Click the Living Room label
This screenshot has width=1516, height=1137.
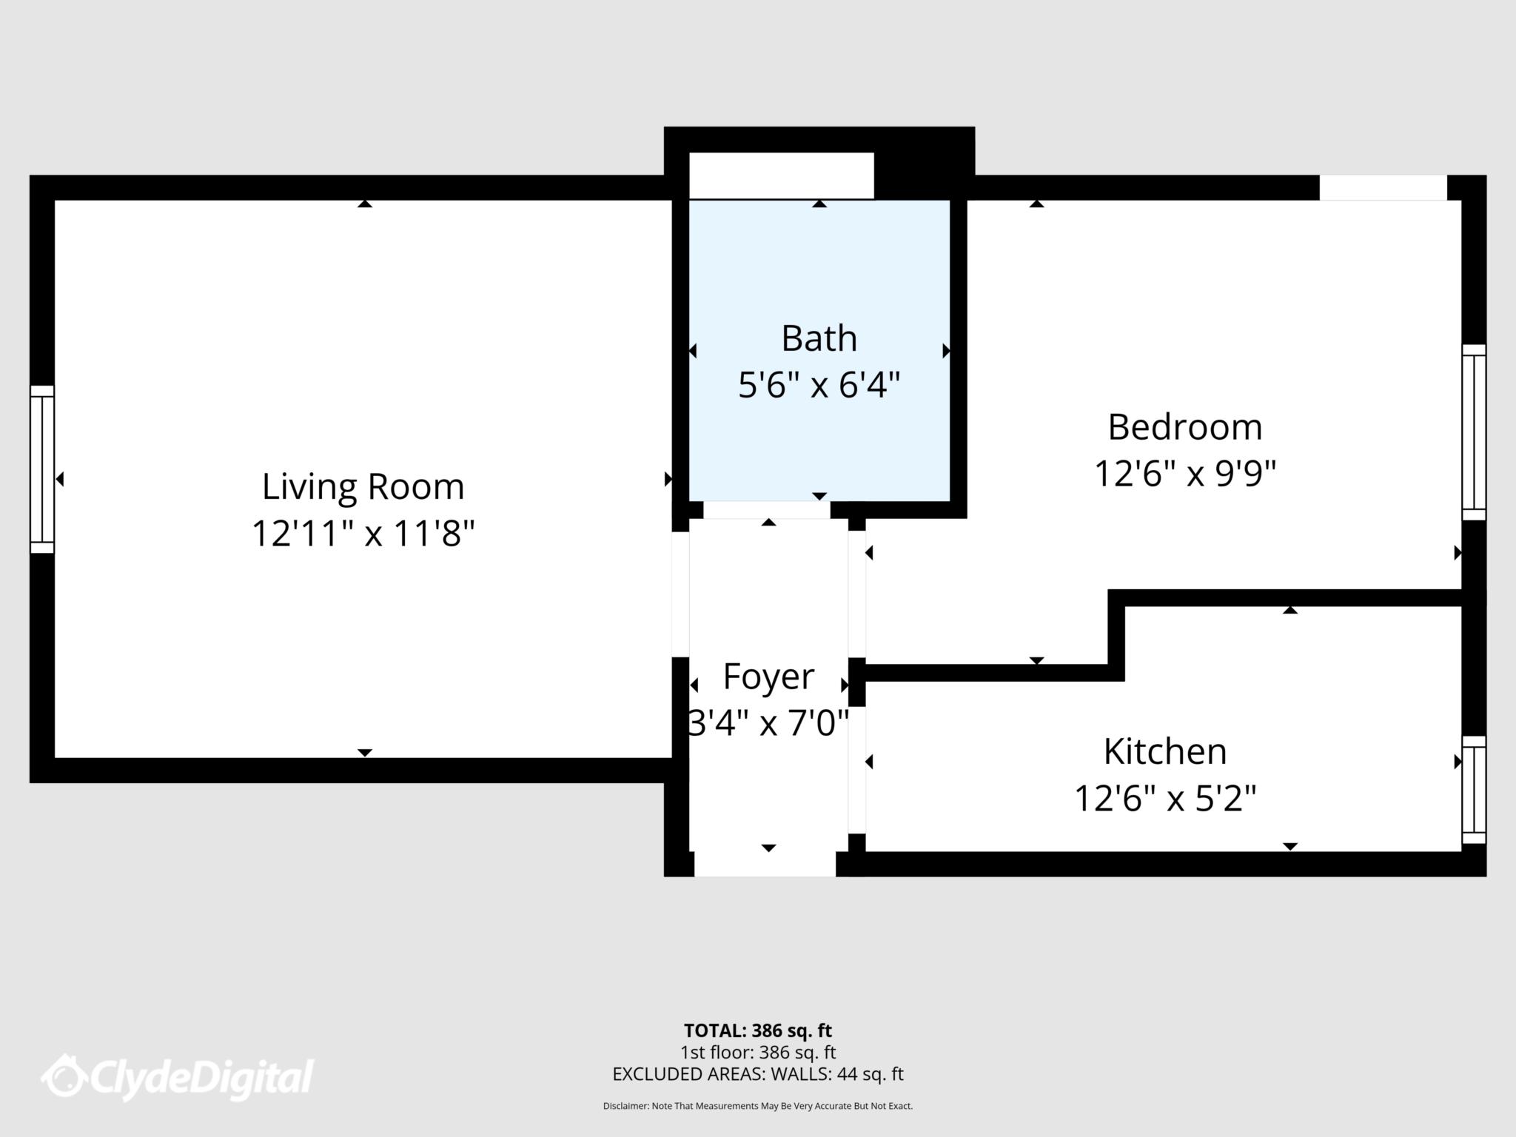tap(363, 486)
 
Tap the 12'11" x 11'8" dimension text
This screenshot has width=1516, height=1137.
tap(363, 533)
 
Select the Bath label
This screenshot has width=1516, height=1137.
tap(819, 338)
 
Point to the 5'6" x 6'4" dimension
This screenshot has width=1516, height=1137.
tap(819, 385)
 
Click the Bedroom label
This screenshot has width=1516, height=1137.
tap(1184, 427)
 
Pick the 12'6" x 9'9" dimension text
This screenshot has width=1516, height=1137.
tap(1184, 474)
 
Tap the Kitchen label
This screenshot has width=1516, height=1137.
tap(1165, 751)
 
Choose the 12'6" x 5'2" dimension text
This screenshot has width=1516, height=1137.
tap(1165, 798)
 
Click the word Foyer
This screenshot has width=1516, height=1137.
tap(768, 676)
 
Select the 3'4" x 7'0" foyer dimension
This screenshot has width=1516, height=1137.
tap(768, 722)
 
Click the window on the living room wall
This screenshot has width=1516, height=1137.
tap(42, 469)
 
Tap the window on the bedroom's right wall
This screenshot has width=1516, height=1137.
tap(1473, 432)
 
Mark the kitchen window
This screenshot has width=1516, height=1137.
tap(1473, 790)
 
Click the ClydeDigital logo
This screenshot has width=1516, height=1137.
tap(178, 1077)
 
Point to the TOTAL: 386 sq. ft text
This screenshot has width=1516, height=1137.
tap(757, 1030)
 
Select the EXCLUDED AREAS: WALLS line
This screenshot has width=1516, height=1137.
tap(757, 1074)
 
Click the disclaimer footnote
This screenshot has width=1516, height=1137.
tap(757, 1106)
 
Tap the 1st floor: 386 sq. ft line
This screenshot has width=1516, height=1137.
tap(757, 1052)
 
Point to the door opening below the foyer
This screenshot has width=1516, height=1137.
tap(765, 864)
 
